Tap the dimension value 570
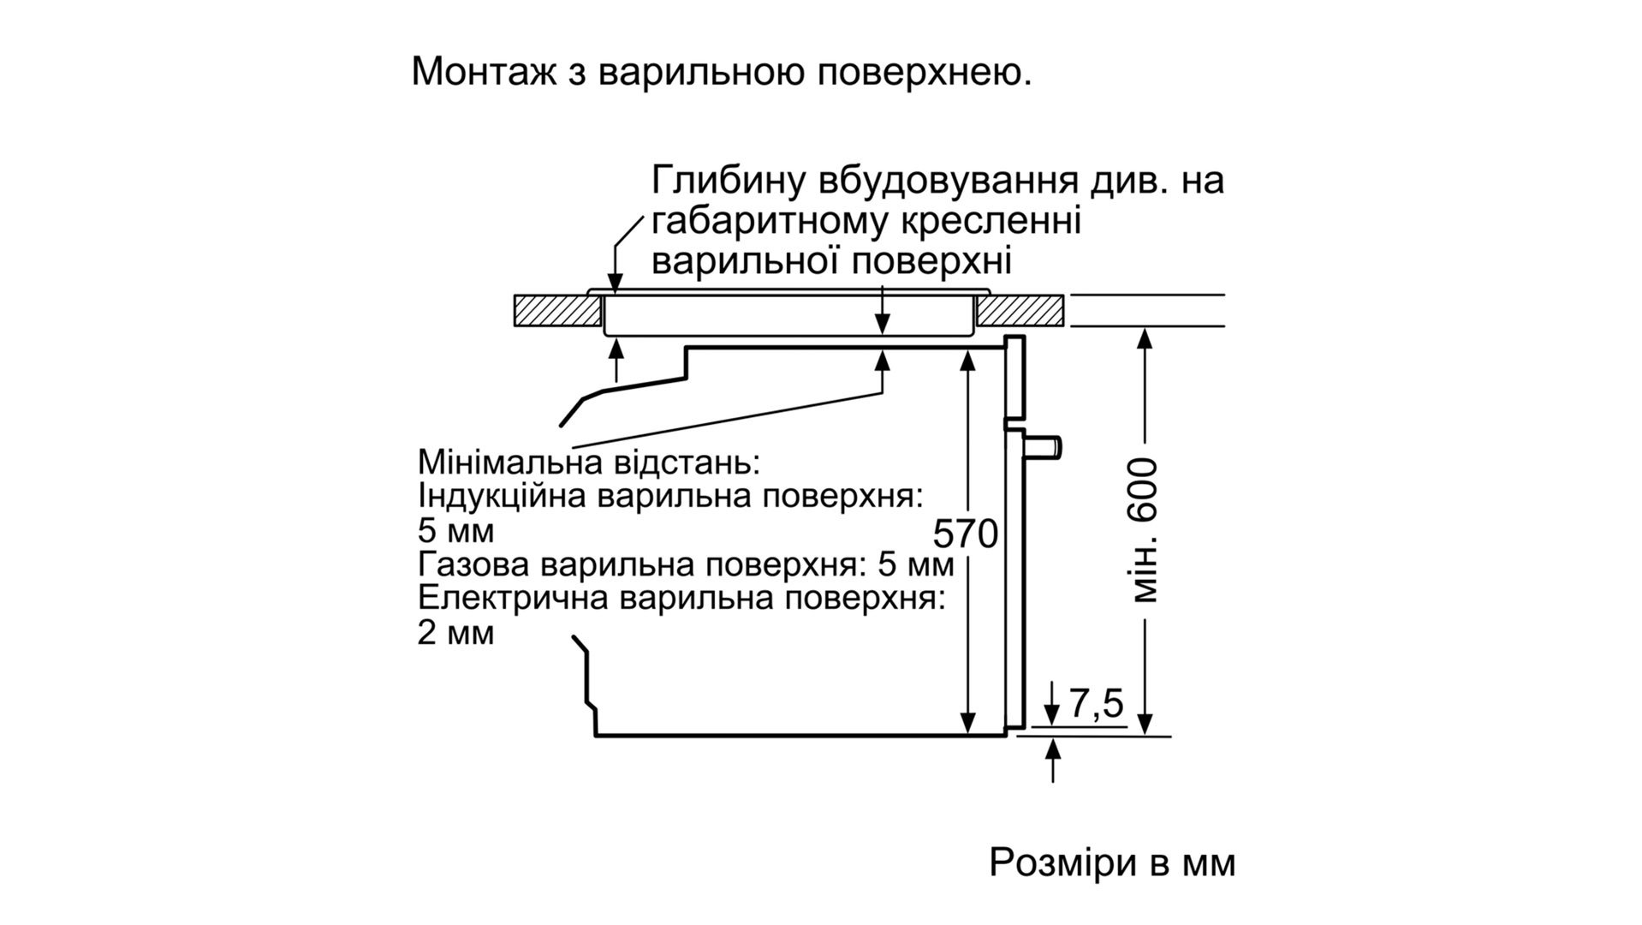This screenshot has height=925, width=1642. coord(965,534)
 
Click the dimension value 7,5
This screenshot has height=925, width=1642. coord(1095,705)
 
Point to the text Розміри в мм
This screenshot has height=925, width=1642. coord(1112,862)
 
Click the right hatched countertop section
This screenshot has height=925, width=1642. coord(1021,311)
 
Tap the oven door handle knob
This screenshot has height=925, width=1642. coord(1046,447)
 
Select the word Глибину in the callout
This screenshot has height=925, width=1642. coord(727,182)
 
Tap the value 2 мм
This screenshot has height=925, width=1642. coord(455,634)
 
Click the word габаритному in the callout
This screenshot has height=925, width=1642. coord(768,223)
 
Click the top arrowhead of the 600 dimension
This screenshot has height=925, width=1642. coord(1145,339)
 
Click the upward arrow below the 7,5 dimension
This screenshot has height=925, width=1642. coord(1054,752)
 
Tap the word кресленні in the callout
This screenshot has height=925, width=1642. coord(992,222)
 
